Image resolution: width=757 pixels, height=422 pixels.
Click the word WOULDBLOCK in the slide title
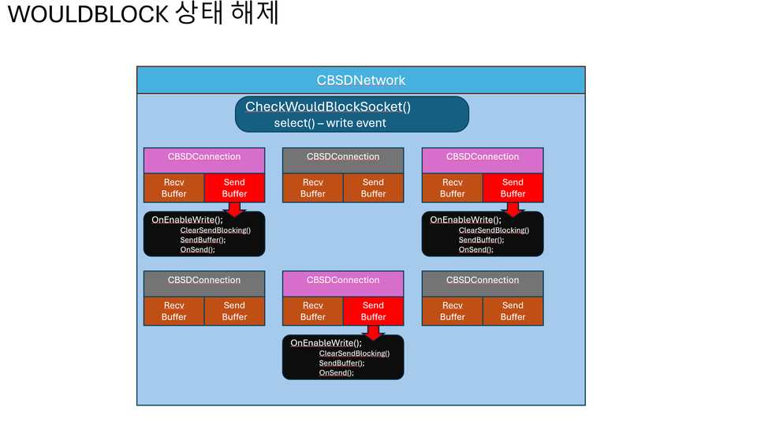pyautogui.click(x=88, y=15)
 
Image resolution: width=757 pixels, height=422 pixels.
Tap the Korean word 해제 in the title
pyautogui.click(x=256, y=15)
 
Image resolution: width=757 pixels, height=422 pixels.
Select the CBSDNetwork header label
pyautogui.click(x=361, y=80)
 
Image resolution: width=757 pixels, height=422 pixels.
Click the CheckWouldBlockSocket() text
pyautogui.click(x=328, y=106)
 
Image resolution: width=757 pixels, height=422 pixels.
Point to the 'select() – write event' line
pyautogui.click(x=330, y=123)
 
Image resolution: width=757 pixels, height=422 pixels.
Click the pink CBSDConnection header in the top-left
pyautogui.click(x=204, y=157)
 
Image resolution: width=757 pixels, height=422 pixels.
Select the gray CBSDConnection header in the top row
pyautogui.click(x=343, y=157)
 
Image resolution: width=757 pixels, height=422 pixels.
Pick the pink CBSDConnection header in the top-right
pyautogui.click(x=483, y=157)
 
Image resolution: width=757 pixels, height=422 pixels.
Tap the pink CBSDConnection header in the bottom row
pyautogui.click(x=343, y=280)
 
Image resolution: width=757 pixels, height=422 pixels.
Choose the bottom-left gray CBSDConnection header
pyautogui.click(x=204, y=280)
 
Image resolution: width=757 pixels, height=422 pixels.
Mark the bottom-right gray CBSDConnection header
pyautogui.click(x=483, y=280)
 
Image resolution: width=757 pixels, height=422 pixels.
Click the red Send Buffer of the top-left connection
pyautogui.click(x=234, y=188)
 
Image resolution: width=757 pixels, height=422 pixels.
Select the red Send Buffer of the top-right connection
pyautogui.click(x=513, y=188)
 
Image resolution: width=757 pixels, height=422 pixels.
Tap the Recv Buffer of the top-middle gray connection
pyautogui.click(x=313, y=188)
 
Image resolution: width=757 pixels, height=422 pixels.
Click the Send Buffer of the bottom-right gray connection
pyautogui.click(x=513, y=311)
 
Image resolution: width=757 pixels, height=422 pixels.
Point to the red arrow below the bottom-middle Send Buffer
pyautogui.click(x=373, y=332)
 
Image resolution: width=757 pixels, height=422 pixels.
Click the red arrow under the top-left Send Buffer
pyautogui.click(x=234, y=209)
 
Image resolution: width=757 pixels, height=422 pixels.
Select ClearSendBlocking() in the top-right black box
pyautogui.click(x=494, y=230)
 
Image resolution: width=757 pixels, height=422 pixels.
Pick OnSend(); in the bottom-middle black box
pyautogui.click(x=337, y=372)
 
